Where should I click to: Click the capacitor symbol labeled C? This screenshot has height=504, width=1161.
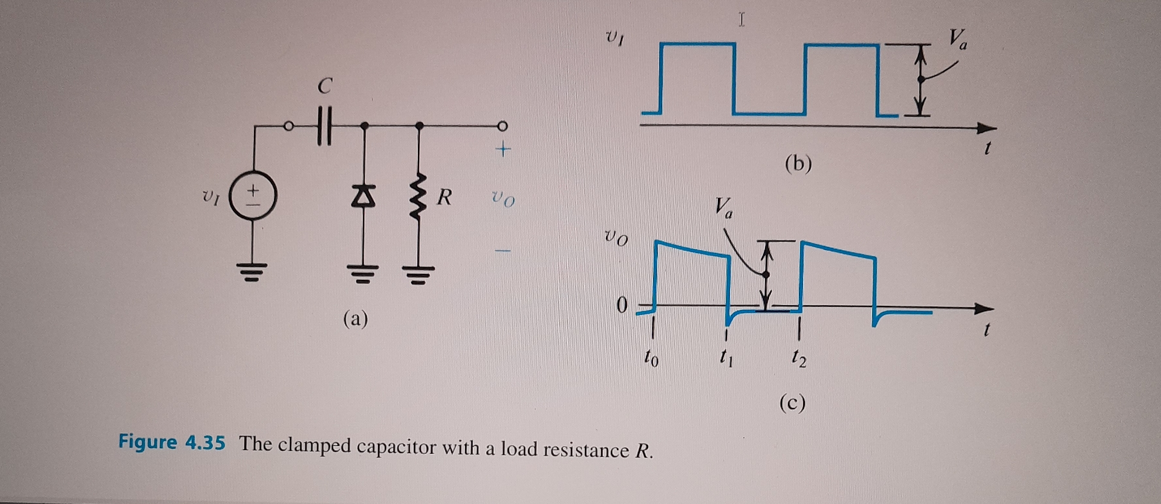[x=325, y=126]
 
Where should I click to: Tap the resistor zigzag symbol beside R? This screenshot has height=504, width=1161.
[x=420, y=196]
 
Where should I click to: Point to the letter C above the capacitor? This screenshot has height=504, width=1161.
[x=325, y=86]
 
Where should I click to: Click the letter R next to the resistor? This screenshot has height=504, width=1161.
[x=444, y=196]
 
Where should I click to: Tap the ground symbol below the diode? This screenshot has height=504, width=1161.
[x=364, y=274]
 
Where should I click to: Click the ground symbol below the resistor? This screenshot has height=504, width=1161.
[x=419, y=275]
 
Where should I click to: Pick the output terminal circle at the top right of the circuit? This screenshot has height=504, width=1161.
[x=502, y=126]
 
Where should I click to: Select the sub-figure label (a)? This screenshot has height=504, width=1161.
[x=356, y=318]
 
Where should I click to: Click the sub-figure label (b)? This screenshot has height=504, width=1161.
[x=798, y=163]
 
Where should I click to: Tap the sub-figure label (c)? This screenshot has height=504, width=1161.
[x=792, y=402]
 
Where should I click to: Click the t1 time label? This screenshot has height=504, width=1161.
[x=727, y=359]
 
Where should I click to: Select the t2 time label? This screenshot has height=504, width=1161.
[x=799, y=359]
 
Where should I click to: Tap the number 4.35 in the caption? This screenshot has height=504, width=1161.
[x=205, y=442]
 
